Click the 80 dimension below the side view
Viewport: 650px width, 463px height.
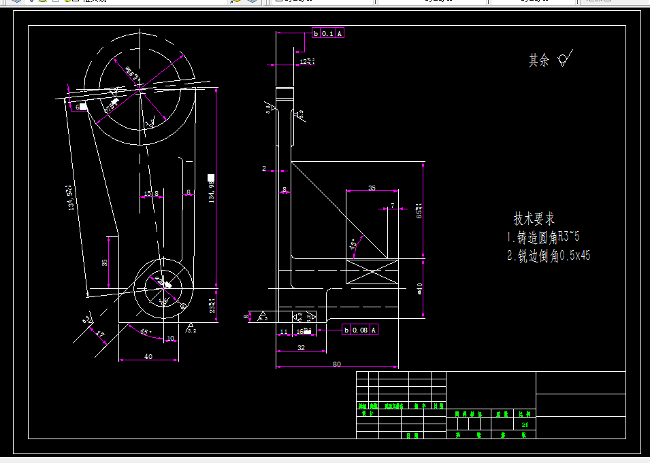tap(336, 364)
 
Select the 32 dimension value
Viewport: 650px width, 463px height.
tap(301, 347)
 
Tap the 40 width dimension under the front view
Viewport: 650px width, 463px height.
tap(148, 356)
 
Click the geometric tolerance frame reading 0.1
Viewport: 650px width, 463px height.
tap(328, 33)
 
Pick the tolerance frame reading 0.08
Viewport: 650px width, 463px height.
tap(360, 330)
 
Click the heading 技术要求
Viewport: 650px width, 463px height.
tap(534, 219)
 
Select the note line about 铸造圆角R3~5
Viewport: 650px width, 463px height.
tap(543, 237)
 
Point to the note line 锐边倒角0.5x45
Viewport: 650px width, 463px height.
tap(549, 256)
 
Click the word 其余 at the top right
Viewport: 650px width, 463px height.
tap(538, 61)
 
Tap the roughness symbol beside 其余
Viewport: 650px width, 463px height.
tap(564, 59)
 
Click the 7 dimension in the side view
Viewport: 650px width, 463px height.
tap(392, 205)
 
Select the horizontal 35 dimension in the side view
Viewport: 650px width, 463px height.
tap(372, 188)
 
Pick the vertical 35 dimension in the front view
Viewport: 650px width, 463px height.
tap(105, 262)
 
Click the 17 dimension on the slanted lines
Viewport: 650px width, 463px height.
tap(100, 335)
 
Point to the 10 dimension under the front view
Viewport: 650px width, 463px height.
tap(170, 338)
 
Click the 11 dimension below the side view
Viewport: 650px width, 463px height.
tap(284, 332)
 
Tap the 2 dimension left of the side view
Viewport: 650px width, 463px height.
tap(264, 168)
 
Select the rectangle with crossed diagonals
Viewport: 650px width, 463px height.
tap(372, 275)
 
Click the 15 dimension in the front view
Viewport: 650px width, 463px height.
tap(147, 194)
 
